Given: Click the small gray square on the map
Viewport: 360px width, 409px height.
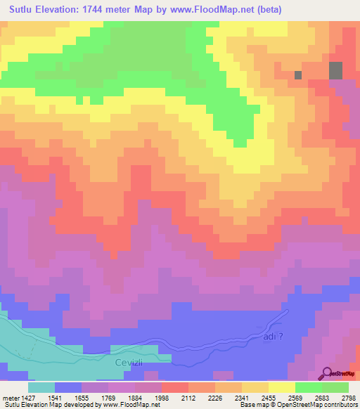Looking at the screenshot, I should click(x=298, y=74).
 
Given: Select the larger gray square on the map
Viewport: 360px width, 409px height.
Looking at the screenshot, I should click(x=336, y=70).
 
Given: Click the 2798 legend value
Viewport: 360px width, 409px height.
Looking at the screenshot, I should click(x=349, y=397).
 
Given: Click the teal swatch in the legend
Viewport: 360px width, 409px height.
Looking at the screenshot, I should click(x=41, y=387).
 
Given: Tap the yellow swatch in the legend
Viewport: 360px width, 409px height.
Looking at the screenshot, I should click(x=282, y=387).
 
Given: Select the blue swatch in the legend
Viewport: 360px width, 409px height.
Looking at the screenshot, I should click(x=67, y=387).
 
